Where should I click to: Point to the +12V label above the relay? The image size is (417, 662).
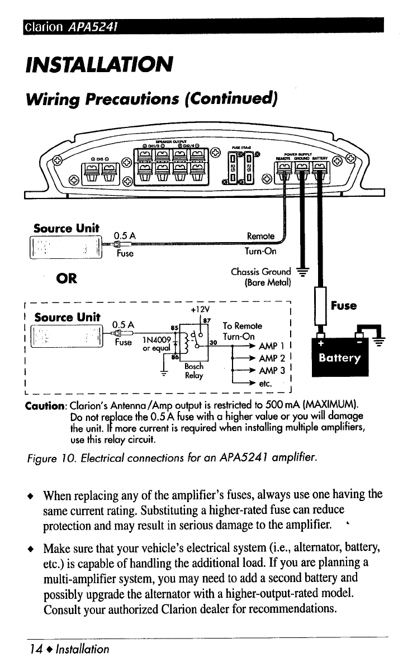(x=200, y=308)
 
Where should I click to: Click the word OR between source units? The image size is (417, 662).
(x=66, y=278)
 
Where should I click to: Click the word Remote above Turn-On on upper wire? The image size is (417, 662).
(x=260, y=237)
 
